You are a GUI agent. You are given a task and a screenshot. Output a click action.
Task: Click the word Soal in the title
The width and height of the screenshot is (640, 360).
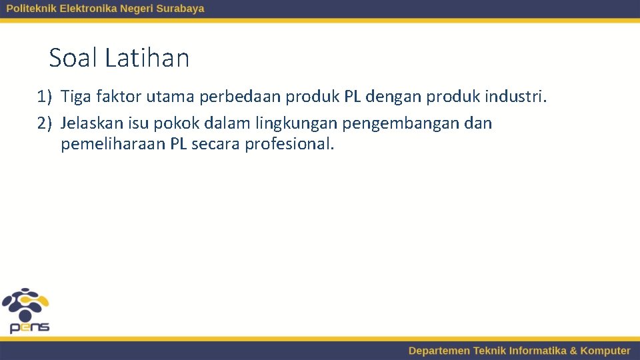point(74,58)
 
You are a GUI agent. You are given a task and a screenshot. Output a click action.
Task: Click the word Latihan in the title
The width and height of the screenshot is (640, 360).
point(147,58)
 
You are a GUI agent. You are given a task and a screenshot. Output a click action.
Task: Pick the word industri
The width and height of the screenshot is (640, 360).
point(515,97)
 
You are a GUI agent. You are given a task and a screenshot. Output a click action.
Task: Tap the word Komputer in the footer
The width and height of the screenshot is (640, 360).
point(605,351)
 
